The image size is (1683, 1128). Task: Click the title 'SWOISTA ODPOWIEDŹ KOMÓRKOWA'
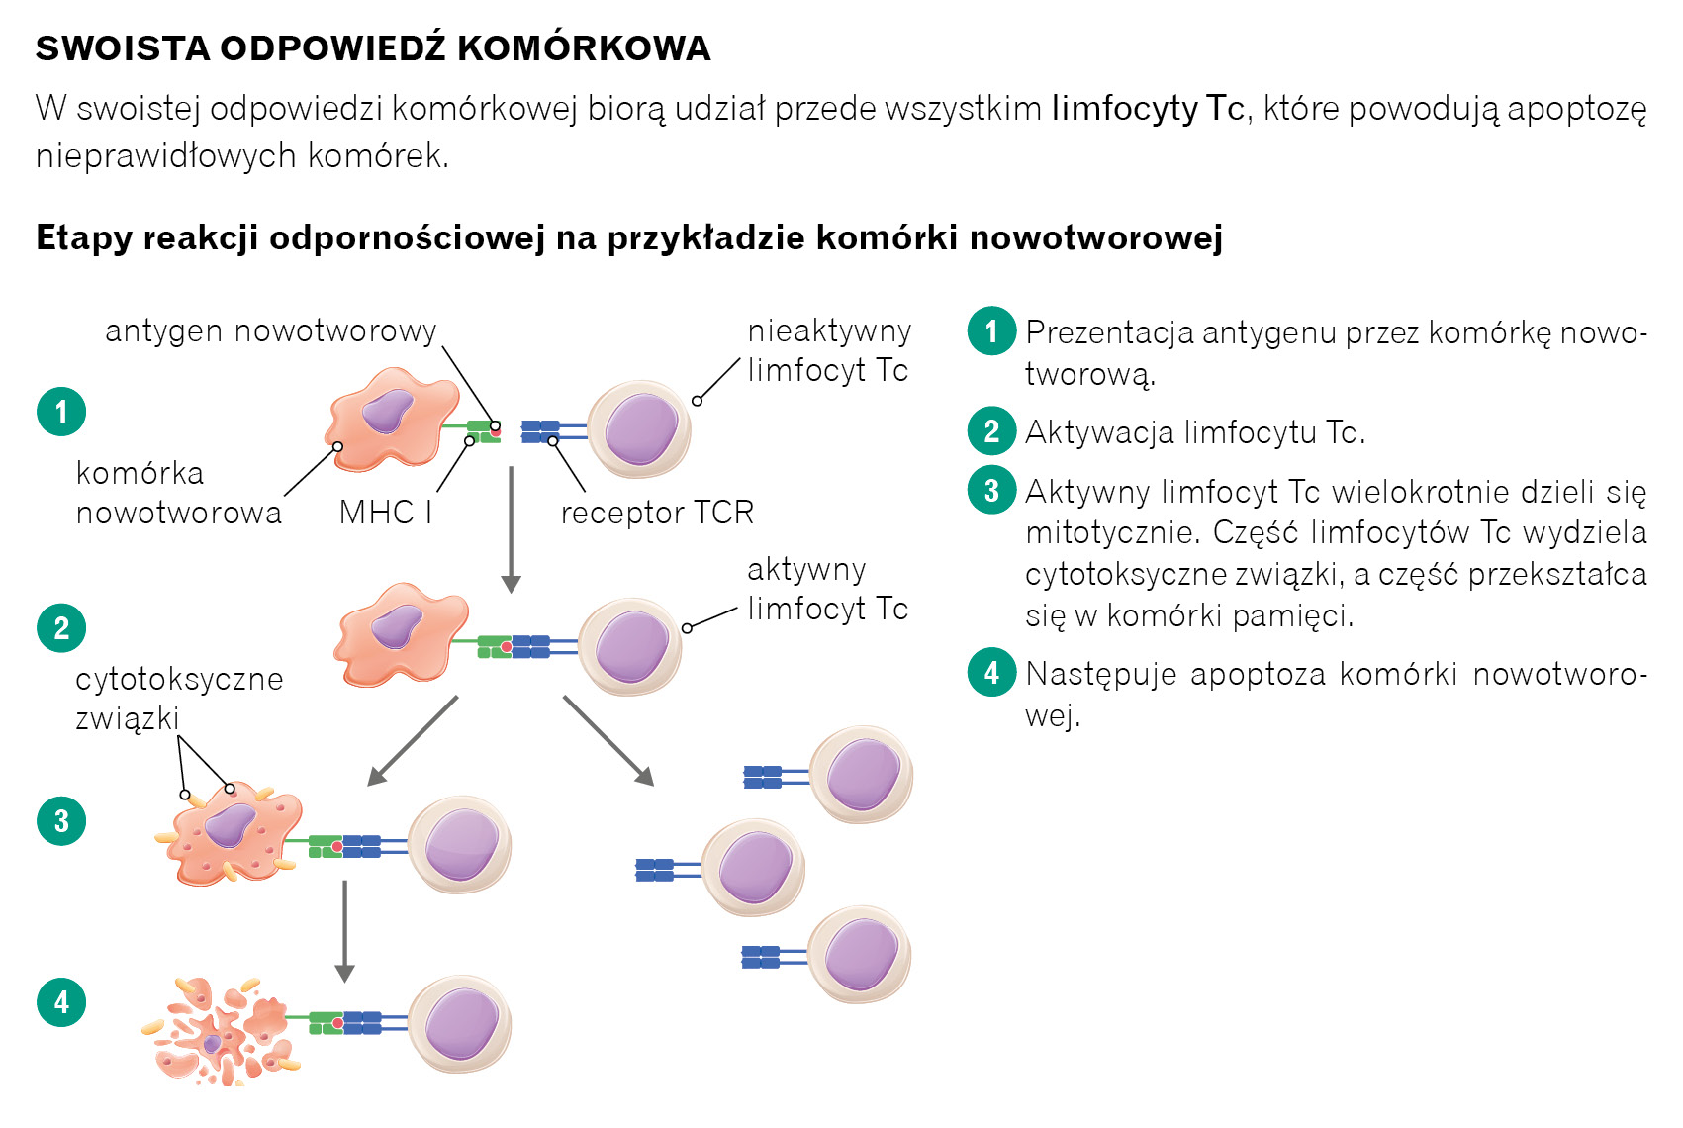pos(373,48)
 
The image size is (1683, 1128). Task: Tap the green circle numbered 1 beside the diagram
pos(61,412)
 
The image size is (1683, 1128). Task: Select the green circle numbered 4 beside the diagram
pos(61,1002)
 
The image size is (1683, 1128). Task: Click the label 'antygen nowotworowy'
pos(270,330)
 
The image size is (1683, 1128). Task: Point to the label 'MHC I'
pos(385,513)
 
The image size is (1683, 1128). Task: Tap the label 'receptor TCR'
pos(657,513)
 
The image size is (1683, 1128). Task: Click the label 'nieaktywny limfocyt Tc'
pos(828,350)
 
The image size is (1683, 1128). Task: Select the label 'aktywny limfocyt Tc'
pos(827,589)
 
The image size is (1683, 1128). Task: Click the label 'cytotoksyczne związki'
pos(178,699)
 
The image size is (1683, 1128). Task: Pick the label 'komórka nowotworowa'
pos(178,493)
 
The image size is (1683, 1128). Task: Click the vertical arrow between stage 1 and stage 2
pos(511,529)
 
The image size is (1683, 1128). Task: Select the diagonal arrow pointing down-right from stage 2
pos(608,739)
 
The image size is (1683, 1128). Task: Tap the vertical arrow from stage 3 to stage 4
pos(344,930)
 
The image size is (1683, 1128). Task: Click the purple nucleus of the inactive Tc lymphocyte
pos(640,429)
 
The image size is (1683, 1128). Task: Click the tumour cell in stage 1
pos(392,418)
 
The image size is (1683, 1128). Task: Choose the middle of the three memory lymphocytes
pos(753,868)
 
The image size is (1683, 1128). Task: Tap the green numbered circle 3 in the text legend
pos(991,491)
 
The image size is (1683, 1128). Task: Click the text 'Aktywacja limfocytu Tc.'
pos(1195,432)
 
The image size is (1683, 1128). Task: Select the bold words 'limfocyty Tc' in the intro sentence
pos(1148,108)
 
